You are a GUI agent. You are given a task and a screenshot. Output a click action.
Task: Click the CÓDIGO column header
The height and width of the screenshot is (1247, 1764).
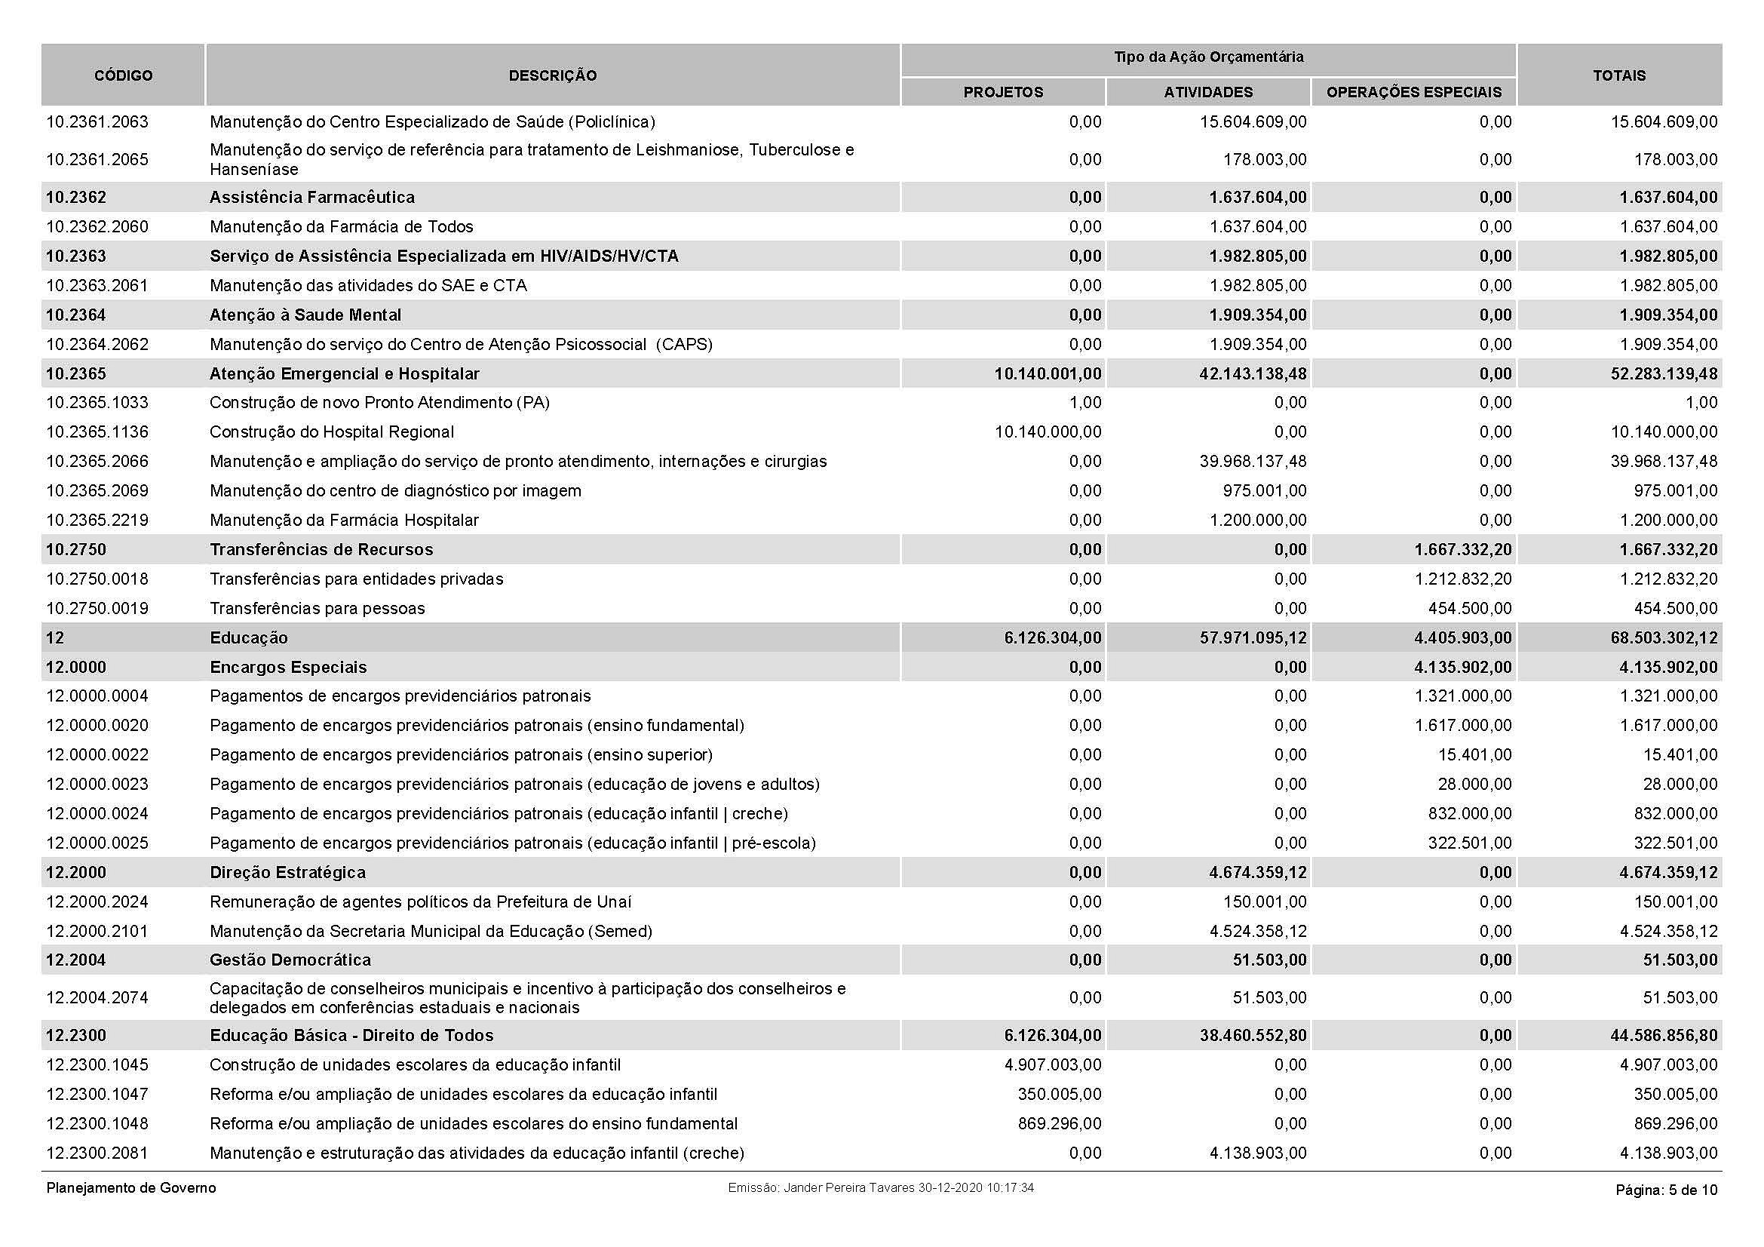tap(123, 75)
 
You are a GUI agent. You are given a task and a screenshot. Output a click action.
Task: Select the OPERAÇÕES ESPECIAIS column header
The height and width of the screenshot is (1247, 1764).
tap(1413, 92)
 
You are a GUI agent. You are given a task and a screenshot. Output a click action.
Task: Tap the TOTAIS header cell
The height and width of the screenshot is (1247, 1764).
tap(1618, 75)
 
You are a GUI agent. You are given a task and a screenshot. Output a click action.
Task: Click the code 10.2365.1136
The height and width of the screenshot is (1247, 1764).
tap(97, 432)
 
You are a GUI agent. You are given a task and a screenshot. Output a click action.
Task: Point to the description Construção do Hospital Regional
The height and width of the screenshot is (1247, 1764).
tap(332, 432)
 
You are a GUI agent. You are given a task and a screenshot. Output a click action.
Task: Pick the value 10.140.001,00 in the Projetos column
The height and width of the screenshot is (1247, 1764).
tap(1048, 373)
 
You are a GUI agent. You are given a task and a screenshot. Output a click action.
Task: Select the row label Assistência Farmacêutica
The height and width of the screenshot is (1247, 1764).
tap(312, 197)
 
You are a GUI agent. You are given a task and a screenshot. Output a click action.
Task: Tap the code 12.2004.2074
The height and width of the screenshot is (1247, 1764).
tap(97, 997)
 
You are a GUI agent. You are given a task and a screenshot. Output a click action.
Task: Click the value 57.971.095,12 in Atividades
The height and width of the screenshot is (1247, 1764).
tap(1253, 637)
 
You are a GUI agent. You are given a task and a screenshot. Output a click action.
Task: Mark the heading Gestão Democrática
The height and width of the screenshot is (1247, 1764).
tap(290, 960)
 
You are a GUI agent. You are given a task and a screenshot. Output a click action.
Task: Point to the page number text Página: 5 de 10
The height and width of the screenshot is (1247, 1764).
tap(1667, 1190)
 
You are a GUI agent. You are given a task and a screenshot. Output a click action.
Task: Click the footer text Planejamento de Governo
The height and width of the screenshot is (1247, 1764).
tap(131, 1188)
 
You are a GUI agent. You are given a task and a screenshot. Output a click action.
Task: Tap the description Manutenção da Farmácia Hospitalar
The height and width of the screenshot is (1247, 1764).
tap(344, 521)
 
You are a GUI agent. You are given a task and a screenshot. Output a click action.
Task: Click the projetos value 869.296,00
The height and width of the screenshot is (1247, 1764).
tap(1060, 1123)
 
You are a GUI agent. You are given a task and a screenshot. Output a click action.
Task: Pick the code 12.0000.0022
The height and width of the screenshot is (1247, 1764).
tap(97, 754)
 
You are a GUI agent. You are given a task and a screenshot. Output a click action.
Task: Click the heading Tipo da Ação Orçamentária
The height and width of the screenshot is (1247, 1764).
tap(1208, 57)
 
